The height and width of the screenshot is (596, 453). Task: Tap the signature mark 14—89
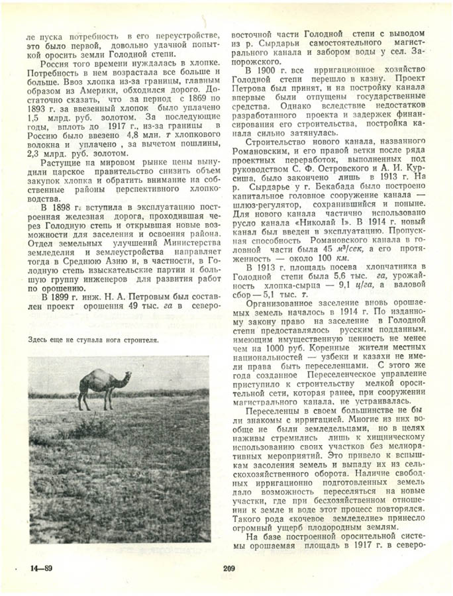coord(41,568)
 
